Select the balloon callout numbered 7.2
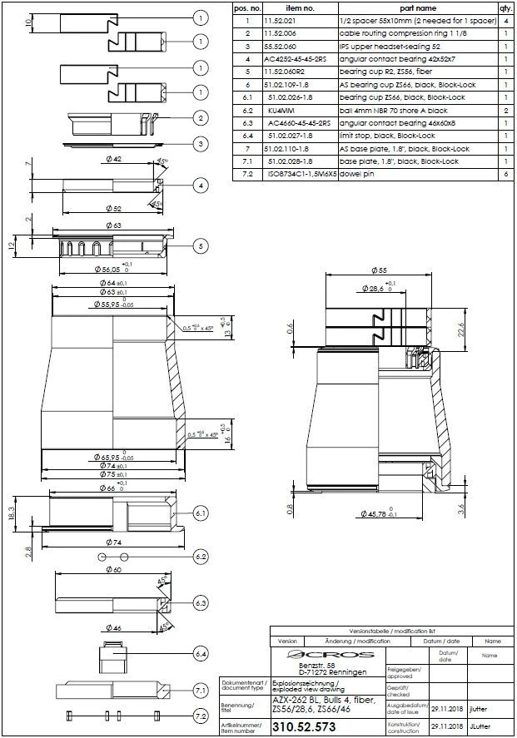[201, 716]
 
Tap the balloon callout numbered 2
[201, 118]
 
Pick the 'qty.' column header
[505, 7]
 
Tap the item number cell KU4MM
[277, 110]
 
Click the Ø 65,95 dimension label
[108, 457]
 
